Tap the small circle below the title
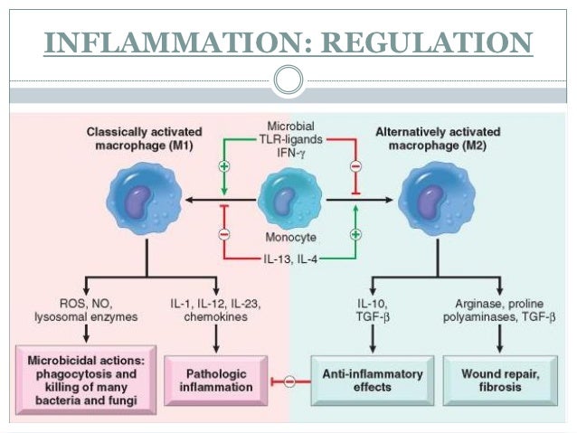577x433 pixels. click(288, 80)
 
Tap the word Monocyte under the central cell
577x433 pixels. click(289, 238)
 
